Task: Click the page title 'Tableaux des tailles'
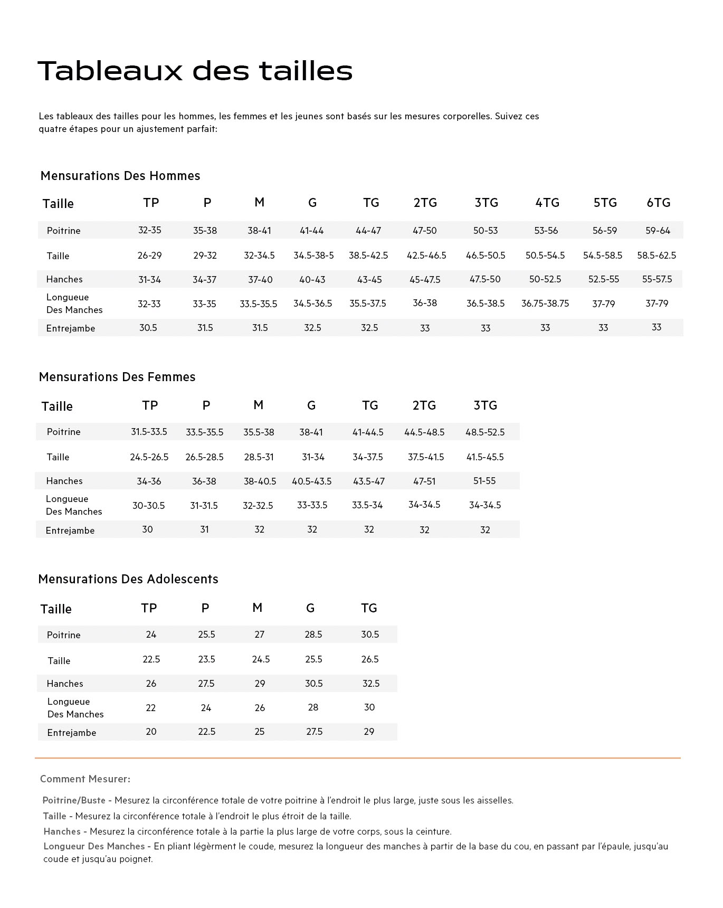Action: [x=195, y=71]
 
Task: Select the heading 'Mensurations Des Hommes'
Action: [x=120, y=176]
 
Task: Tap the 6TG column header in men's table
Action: [x=659, y=203]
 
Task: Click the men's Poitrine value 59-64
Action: [x=658, y=231]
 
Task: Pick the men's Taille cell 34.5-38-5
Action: [x=313, y=256]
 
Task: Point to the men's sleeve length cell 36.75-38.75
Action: [x=545, y=304]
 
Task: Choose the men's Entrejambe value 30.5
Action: [x=148, y=328]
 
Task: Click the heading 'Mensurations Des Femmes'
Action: [x=117, y=377]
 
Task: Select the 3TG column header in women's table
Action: [x=485, y=405]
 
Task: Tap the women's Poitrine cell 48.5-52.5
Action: [x=485, y=432]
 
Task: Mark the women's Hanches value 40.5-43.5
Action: [x=312, y=481]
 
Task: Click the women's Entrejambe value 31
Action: [x=204, y=529]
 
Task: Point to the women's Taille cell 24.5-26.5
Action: [x=149, y=457]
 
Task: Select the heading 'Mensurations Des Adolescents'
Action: [x=128, y=579]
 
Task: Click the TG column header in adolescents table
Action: [x=369, y=608]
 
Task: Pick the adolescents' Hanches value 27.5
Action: [x=206, y=684]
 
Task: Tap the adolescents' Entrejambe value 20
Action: [x=151, y=732]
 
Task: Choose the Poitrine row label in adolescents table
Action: [x=64, y=635]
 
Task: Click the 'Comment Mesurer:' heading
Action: [x=85, y=779]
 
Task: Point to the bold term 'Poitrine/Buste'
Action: [x=74, y=801]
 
